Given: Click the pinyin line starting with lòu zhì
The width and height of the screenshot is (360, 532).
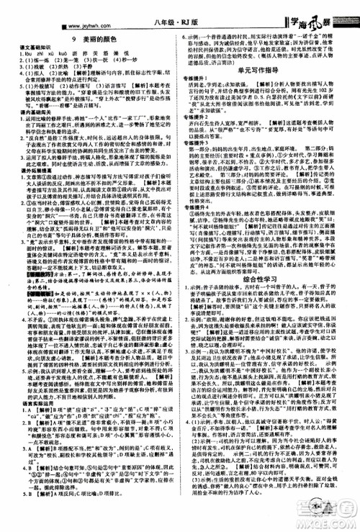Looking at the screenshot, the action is (x=58, y=55).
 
